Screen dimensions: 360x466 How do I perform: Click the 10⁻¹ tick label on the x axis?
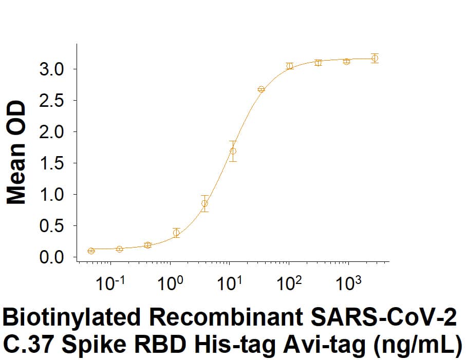tap(108, 284)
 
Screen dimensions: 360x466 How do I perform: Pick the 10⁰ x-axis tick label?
tap(169, 284)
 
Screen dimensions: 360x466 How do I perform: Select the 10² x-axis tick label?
tap(288, 284)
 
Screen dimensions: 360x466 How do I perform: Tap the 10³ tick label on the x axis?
tap(348, 284)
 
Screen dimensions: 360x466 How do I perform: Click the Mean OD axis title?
tap(16, 152)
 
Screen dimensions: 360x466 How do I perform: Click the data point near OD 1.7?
tap(233, 151)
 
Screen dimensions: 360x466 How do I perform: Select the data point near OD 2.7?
tap(261, 89)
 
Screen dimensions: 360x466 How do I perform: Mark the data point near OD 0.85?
tap(204, 203)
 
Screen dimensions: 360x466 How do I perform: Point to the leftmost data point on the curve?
tap(91, 251)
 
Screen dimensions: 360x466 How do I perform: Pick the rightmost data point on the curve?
tap(375, 58)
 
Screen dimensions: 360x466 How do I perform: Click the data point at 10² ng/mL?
tap(290, 66)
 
